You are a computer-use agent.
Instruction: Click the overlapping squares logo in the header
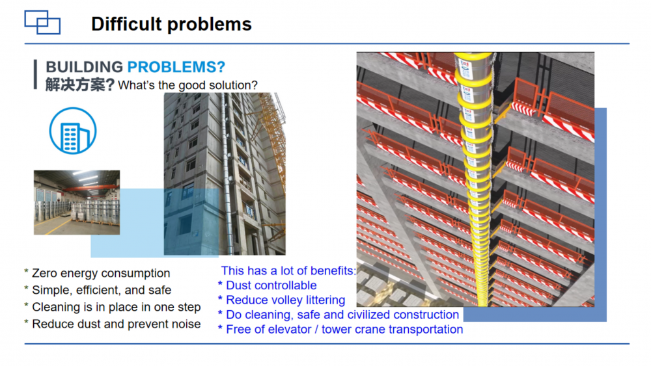pyautogui.click(x=42, y=22)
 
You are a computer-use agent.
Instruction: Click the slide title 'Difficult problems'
pyautogui.click(x=171, y=24)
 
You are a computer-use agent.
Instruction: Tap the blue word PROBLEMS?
pyautogui.click(x=176, y=67)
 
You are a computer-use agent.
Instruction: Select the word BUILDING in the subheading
pyautogui.click(x=84, y=67)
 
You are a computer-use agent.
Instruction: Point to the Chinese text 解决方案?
pyautogui.click(x=79, y=85)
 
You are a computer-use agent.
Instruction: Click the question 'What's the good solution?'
pyautogui.click(x=187, y=85)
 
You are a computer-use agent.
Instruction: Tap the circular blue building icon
pyautogui.click(x=73, y=131)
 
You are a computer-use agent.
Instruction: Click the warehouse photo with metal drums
pyautogui.click(x=77, y=202)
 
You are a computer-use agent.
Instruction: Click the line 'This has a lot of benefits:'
pyautogui.click(x=288, y=270)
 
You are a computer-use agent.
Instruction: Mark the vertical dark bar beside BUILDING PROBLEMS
pyautogui.click(x=36, y=75)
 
